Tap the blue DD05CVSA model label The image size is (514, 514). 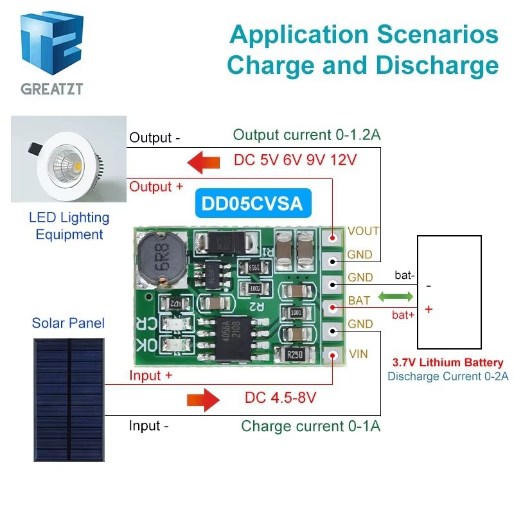252,204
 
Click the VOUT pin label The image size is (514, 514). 363,231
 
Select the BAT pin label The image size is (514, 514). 359,301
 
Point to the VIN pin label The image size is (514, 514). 357,353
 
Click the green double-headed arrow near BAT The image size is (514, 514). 396,297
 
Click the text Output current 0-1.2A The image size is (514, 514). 306,135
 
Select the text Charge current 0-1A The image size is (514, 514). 310,426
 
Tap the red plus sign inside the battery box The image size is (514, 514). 429,310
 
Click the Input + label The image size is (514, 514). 150,376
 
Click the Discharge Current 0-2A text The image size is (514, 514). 447,377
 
